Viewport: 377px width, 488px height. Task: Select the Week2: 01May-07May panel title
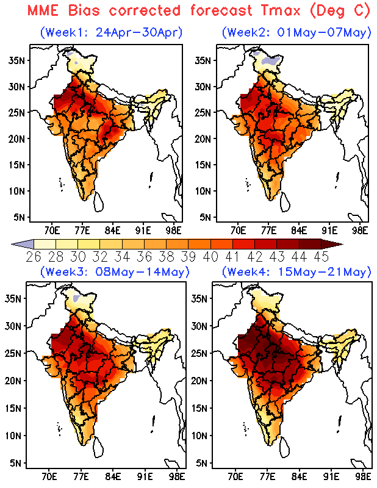click(x=296, y=32)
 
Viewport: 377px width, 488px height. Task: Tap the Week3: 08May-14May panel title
click(x=115, y=271)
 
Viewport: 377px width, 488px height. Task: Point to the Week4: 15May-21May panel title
click(x=296, y=271)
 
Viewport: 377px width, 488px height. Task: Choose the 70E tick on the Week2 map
click(x=239, y=231)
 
